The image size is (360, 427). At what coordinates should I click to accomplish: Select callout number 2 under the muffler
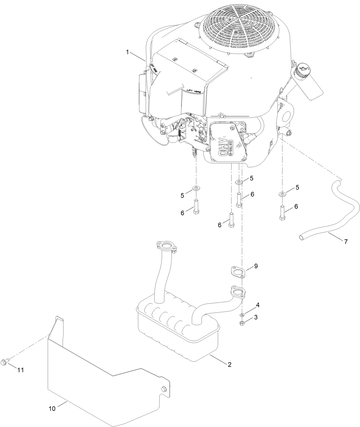click(x=229, y=364)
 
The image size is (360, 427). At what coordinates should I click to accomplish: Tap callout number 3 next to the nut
click(x=256, y=317)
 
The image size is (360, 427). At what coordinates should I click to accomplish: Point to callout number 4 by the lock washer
click(x=258, y=305)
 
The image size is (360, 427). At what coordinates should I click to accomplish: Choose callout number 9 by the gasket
click(x=256, y=266)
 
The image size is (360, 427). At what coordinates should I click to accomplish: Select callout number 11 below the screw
click(x=20, y=370)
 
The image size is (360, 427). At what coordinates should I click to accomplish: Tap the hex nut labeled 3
click(x=242, y=323)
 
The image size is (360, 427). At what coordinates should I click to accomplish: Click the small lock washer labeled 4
click(x=242, y=315)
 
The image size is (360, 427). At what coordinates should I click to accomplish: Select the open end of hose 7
click(x=301, y=237)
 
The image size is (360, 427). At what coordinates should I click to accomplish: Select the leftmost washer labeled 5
click(x=196, y=188)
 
